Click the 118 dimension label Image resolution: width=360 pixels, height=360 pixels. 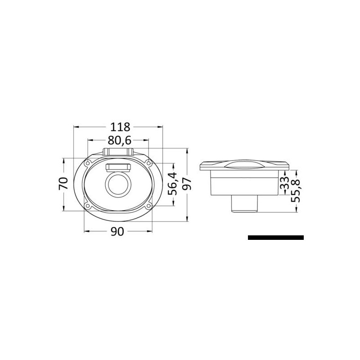120,127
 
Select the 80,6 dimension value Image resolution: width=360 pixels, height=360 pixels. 120,140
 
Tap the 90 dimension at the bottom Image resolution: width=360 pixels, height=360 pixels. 117,232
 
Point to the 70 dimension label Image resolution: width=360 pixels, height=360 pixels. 63,183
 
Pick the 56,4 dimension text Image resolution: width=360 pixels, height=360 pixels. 173,184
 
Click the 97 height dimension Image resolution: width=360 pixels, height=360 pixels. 187,184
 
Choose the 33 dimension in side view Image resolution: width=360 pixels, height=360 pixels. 284,183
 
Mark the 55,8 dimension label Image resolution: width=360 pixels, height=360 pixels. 296,191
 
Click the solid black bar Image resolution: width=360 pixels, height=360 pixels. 276,238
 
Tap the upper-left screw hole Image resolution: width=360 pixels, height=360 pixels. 87,163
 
